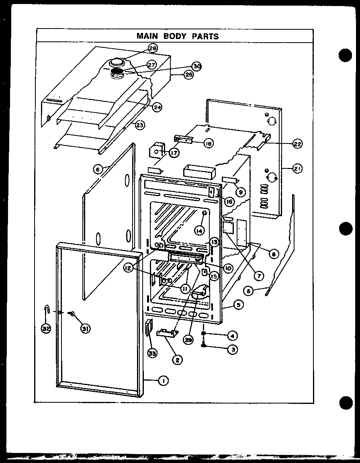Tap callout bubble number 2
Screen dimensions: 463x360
point(176,360)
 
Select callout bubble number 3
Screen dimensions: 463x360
point(232,349)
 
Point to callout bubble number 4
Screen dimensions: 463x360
point(232,334)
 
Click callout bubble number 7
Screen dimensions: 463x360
point(258,276)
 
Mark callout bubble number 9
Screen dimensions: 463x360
point(240,192)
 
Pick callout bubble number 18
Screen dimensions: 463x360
point(208,143)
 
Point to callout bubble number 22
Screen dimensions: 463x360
point(297,144)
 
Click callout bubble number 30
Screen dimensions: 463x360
point(196,66)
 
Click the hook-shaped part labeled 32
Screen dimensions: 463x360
point(47,310)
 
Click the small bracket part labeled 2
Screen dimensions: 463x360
point(168,333)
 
